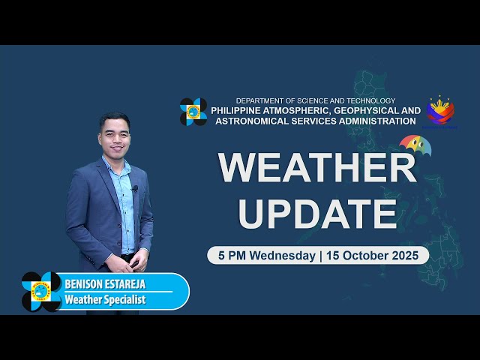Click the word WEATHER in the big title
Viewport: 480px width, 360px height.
[317, 168]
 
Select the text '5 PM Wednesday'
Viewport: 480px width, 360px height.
[267, 256]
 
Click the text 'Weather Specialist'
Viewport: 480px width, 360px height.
[105, 300]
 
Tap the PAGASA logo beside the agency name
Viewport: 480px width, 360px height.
[193, 112]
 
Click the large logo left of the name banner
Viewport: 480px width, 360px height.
[42, 291]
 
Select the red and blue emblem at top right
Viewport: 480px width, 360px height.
[440, 109]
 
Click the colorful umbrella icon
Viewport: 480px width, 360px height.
[415, 144]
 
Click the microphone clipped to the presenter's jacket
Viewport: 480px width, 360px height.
[135, 188]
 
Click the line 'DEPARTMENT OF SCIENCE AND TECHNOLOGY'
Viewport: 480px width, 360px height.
[315, 100]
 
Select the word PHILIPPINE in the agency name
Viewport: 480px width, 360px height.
[240, 110]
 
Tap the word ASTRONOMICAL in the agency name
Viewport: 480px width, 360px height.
[245, 120]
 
